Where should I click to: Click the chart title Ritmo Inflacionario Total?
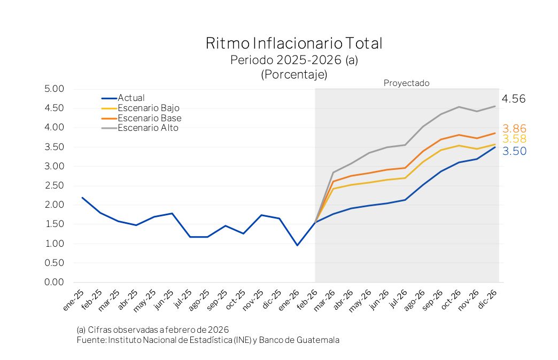tap(294, 43)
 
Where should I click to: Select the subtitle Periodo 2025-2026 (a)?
tap(294, 60)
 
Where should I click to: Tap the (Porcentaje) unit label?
tap(294, 75)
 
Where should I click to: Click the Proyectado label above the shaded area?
tap(406, 83)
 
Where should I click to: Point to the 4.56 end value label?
tap(514, 99)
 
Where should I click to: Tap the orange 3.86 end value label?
tap(514, 129)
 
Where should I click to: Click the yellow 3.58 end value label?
tap(514, 139)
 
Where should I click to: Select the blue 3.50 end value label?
tap(514, 152)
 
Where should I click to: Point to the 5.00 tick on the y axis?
tap(54, 89)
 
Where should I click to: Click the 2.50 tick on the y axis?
tap(54, 185)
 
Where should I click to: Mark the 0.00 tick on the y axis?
tap(54, 282)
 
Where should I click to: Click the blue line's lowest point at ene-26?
tap(297, 245)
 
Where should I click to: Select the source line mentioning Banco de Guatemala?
tap(208, 340)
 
